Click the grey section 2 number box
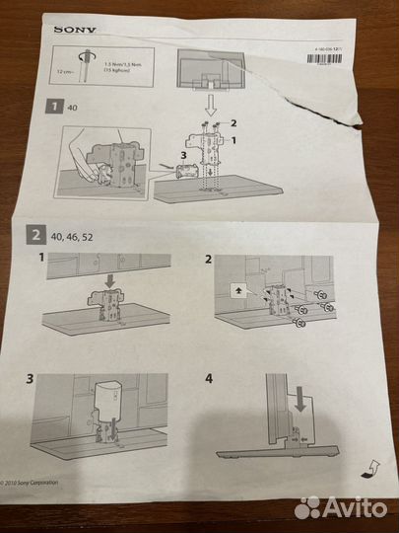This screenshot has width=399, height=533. coord(34,235)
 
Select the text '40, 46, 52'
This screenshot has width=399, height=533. coord(72,236)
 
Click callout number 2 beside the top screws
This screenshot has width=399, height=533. coord(233,123)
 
